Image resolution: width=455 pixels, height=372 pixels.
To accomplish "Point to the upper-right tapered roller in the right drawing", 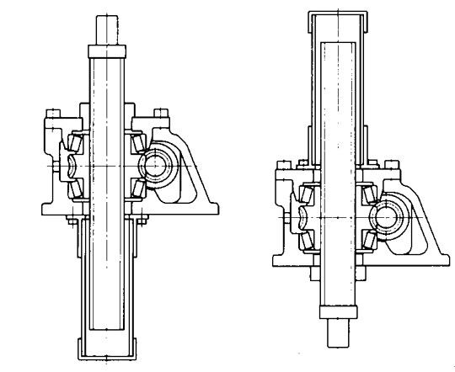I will click(367, 195).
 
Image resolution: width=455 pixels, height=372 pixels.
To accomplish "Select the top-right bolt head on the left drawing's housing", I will click(159, 112).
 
